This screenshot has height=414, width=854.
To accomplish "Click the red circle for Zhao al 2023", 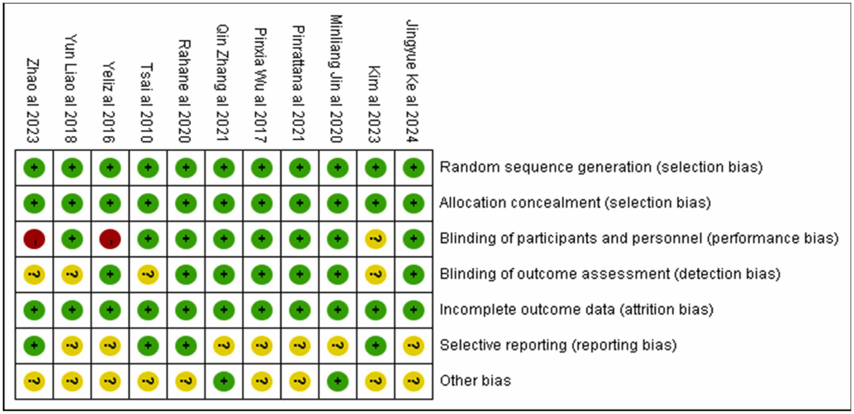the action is point(34,239).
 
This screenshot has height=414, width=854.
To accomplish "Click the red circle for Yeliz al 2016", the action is point(110,239).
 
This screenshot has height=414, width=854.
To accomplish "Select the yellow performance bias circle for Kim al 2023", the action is point(375,239).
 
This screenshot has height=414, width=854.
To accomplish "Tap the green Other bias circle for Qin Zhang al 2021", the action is point(224,381).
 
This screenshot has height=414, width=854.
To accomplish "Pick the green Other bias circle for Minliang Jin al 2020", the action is point(338,381).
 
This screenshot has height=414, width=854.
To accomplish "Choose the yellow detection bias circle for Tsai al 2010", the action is point(148,274).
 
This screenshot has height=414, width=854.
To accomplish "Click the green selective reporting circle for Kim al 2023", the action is point(375,346).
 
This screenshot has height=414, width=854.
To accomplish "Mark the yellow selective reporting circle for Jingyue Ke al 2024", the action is point(413,346).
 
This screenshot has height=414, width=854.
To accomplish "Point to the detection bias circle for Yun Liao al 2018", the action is point(72,274).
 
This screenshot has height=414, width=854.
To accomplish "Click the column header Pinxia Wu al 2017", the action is point(261,85).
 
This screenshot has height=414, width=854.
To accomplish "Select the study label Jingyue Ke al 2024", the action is point(412,81).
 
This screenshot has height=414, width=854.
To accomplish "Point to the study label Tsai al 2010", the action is point(147,103).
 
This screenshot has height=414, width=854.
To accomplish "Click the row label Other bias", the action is point(475,381).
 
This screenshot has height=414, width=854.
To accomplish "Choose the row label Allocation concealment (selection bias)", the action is point(575,203).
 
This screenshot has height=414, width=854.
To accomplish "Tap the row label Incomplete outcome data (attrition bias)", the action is point(576,310).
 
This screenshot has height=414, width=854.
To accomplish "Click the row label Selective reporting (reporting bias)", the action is point(558,345).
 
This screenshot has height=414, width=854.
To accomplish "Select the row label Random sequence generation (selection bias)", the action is point(601,168).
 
